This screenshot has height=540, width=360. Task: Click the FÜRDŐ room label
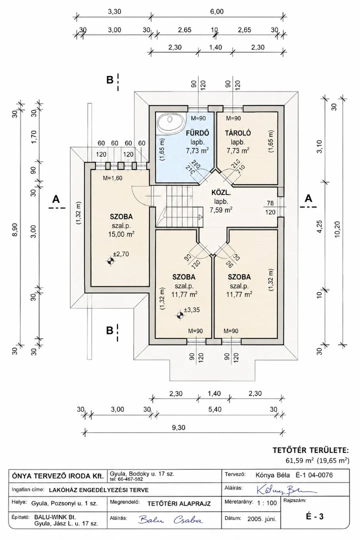tap(197, 133)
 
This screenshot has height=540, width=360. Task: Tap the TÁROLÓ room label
tap(237, 133)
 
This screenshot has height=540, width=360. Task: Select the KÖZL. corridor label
tap(221, 193)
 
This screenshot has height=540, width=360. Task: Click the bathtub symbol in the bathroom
tap(170, 123)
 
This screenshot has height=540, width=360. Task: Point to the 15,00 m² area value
tap(121, 234)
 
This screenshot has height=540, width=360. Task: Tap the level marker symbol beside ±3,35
tap(179, 315)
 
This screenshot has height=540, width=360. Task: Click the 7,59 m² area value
tap(221, 209)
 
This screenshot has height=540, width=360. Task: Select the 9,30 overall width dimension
tap(178, 427)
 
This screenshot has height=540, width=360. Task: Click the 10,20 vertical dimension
tap(337, 228)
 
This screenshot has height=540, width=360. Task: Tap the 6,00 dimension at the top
tap(216, 11)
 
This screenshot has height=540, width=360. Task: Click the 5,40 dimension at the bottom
tap(215, 409)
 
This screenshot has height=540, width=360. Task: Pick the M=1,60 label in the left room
tap(112, 178)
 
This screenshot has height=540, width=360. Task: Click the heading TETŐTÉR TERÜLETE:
tap(310, 450)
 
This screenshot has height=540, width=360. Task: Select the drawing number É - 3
tap(314, 516)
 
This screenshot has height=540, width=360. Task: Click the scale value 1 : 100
tap(266, 503)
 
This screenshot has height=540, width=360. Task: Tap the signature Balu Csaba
tap(170, 519)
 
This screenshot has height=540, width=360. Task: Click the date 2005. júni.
tap(262, 518)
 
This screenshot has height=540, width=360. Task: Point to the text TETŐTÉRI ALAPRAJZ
tap(179, 503)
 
